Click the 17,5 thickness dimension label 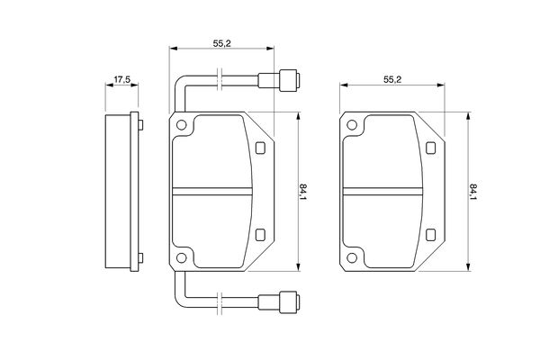pos(122,79)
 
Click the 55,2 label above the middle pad pos(221,44)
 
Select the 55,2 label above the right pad pos(392,79)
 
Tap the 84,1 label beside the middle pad pos(302,193)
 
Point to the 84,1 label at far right pos(473,193)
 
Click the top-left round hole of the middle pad pos(181,125)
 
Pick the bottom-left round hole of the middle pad pos(181,257)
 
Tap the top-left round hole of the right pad pos(352,125)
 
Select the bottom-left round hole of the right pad pos(352,257)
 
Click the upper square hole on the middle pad pos(260,148)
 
